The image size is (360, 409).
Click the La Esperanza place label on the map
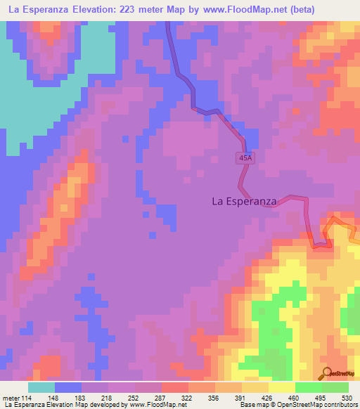(x=244, y=201)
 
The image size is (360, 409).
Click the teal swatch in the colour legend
(x=41, y=387)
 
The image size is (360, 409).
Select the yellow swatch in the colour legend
(x=281, y=387)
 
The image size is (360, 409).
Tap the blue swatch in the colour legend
(x=68, y=387)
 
